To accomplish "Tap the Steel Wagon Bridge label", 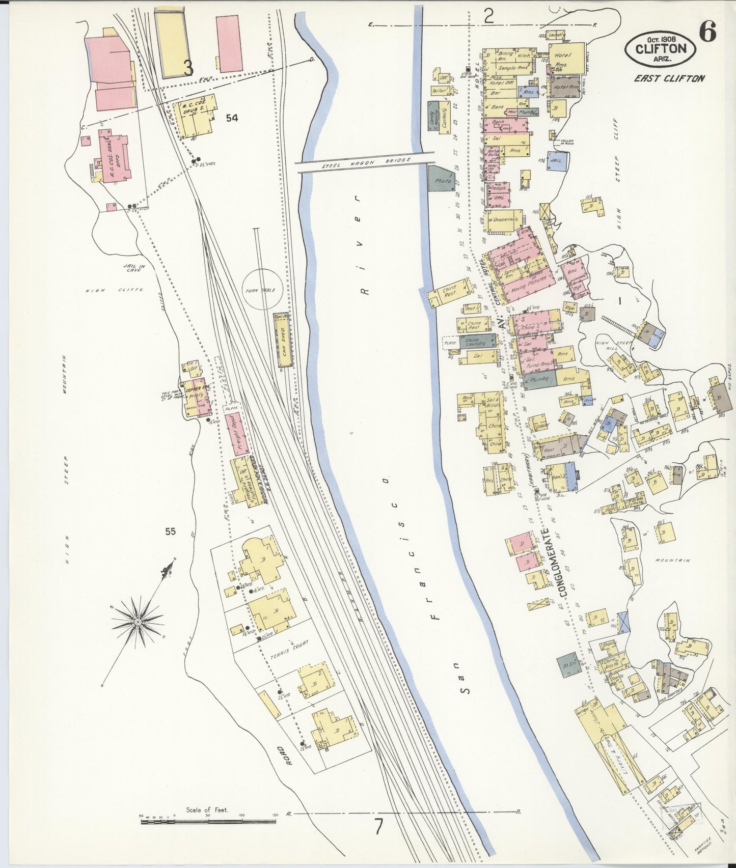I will [366, 162].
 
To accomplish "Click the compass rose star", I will [138, 622].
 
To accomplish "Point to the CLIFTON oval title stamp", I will [660, 48].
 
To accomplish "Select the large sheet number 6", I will [707, 32].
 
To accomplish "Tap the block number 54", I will [232, 118].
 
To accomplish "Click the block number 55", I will [170, 531].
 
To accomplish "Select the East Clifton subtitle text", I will [669, 78].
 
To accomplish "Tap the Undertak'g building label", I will [505, 219].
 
